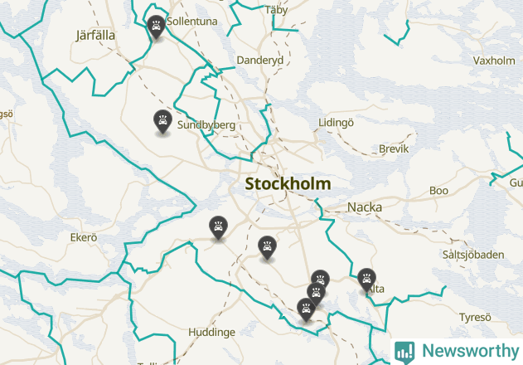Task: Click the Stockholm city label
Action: click(288, 184)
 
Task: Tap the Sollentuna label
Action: click(191, 20)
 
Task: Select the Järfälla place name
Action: click(94, 36)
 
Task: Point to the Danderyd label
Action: click(260, 61)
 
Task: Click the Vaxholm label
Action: click(494, 61)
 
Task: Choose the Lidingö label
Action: click(336, 123)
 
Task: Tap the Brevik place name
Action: click(394, 149)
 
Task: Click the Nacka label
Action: click(365, 207)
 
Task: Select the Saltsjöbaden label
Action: click(473, 255)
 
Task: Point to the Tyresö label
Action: click(475, 318)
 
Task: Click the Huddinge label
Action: click(211, 332)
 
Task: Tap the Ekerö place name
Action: click(84, 237)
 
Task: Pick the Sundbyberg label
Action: click(206, 125)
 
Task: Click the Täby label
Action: click(275, 10)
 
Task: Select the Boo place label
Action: click(439, 191)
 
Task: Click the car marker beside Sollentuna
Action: click(155, 27)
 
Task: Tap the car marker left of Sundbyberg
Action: click(163, 121)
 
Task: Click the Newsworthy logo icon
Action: click(404, 351)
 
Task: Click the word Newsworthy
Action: click(466, 351)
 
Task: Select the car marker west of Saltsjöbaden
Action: click(366, 279)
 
